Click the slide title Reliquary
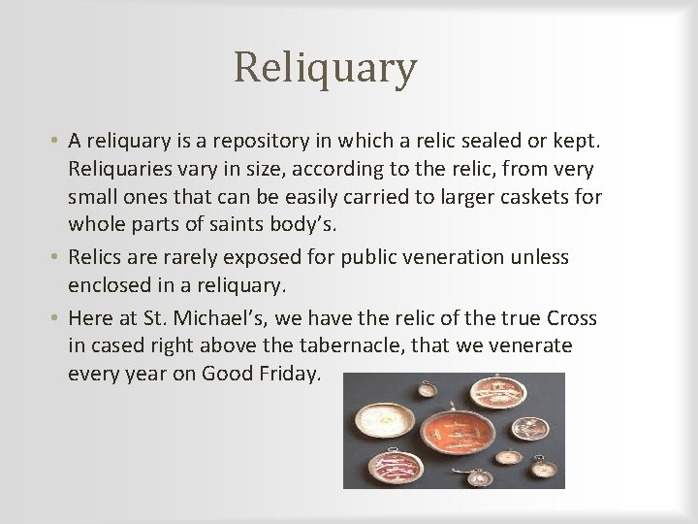coord(325,68)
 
